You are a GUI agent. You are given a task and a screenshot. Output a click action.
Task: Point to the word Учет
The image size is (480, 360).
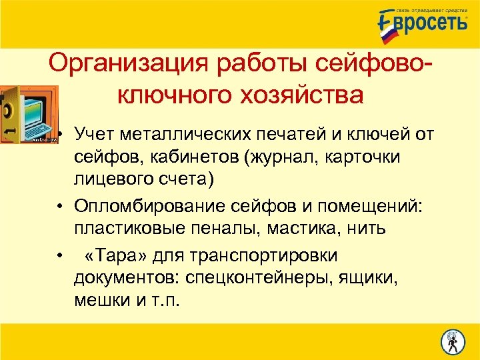click(96, 136)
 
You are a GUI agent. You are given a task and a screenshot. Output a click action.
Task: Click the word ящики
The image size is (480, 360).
click(369, 277)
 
